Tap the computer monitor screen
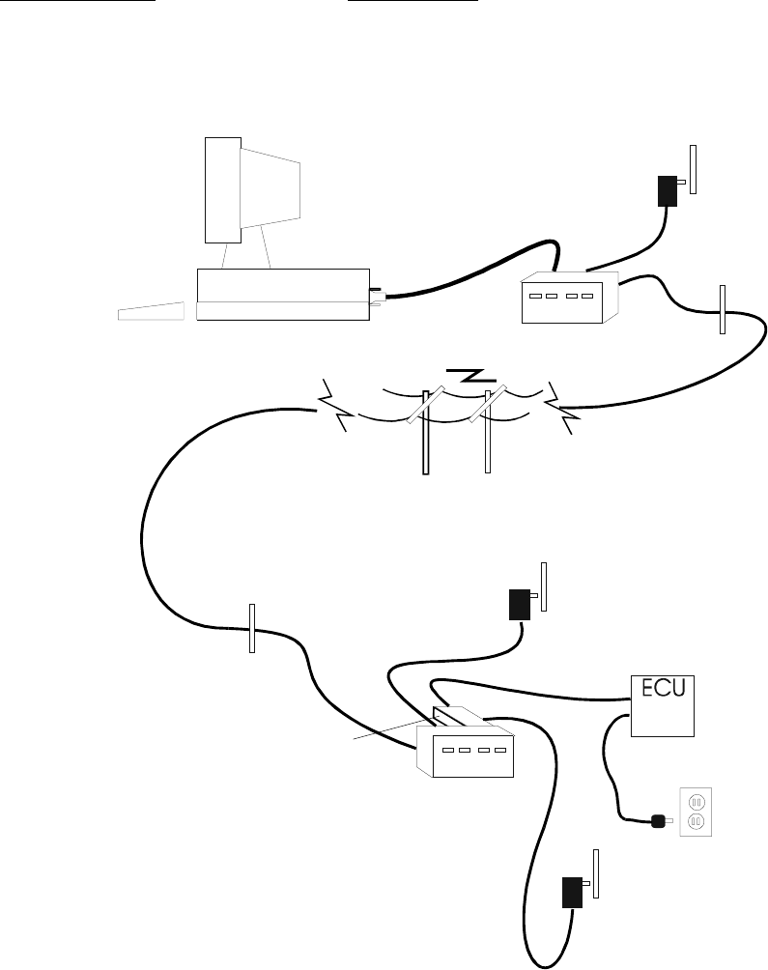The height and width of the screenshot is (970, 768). click(270, 193)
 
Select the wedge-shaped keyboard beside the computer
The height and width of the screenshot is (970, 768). click(150, 312)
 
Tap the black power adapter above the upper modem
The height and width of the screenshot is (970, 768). click(666, 190)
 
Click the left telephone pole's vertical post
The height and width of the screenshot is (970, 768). click(425, 435)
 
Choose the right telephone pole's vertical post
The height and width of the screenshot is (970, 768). click(487, 435)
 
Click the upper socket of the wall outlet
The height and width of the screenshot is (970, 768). click(696, 801)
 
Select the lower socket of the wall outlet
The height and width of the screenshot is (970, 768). click(696, 822)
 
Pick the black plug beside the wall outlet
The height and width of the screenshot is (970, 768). click(660, 822)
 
